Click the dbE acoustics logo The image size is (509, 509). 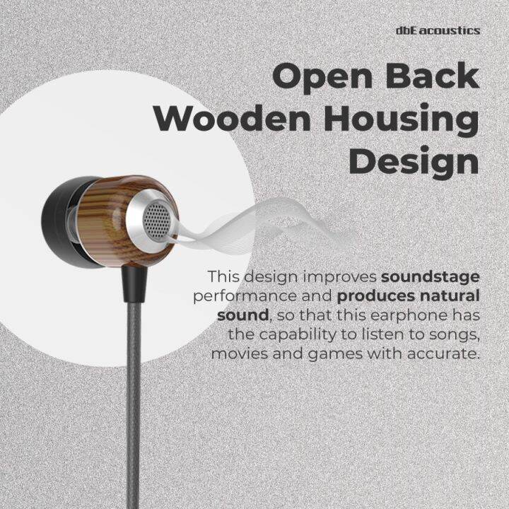(x=438, y=30)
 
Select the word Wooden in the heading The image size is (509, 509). (x=227, y=119)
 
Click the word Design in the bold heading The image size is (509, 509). (x=414, y=162)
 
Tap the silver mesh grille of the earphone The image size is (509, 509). (x=156, y=222)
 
